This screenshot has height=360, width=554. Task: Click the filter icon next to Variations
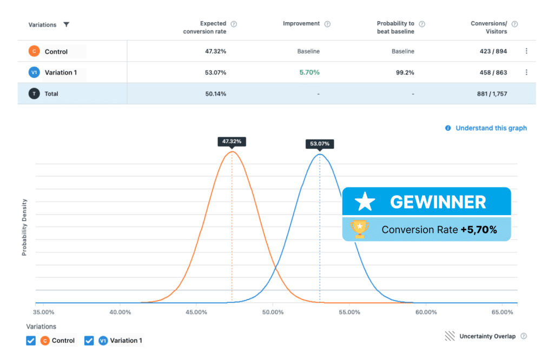pyautogui.click(x=66, y=24)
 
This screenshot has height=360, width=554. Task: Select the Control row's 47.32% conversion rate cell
pyautogui.click(x=215, y=51)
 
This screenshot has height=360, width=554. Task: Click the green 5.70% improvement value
pyautogui.click(x=309, y=72)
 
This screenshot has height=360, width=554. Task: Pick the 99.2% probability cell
pyautogui.click(x=405, y=72)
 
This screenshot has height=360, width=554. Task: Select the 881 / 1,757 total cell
pyautogui.click(x=492, y=94)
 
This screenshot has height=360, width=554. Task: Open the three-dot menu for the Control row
pyautogui.click(x=526, y=51)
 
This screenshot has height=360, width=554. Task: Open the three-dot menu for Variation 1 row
pyautogui.click(x=526, y=72)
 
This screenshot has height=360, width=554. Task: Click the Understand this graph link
pyautogui.click(x=491, y=128)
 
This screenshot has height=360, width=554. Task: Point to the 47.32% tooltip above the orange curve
pyautogui.click(x=232, y=142)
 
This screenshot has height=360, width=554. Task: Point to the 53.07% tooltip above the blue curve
pyautogui.click(x=319, y=144)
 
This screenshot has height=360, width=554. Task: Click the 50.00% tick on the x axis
pyautogui.click(x=273, y=312)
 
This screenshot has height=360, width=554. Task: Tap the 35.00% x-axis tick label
pyautogui.click(x=43, y=312)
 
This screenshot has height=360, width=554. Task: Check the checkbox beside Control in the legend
pyautogui.click(x=31, y=341)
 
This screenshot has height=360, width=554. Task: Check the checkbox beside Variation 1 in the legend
pyautogui.click(x=89, y=341)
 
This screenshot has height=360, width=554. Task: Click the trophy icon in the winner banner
pyautogui.click(x=359, y=229)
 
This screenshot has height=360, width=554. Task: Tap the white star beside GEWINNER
pyautogui.click(x=365, y=202)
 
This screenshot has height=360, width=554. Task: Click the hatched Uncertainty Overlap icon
pyautogui.click(x=450, y=336)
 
